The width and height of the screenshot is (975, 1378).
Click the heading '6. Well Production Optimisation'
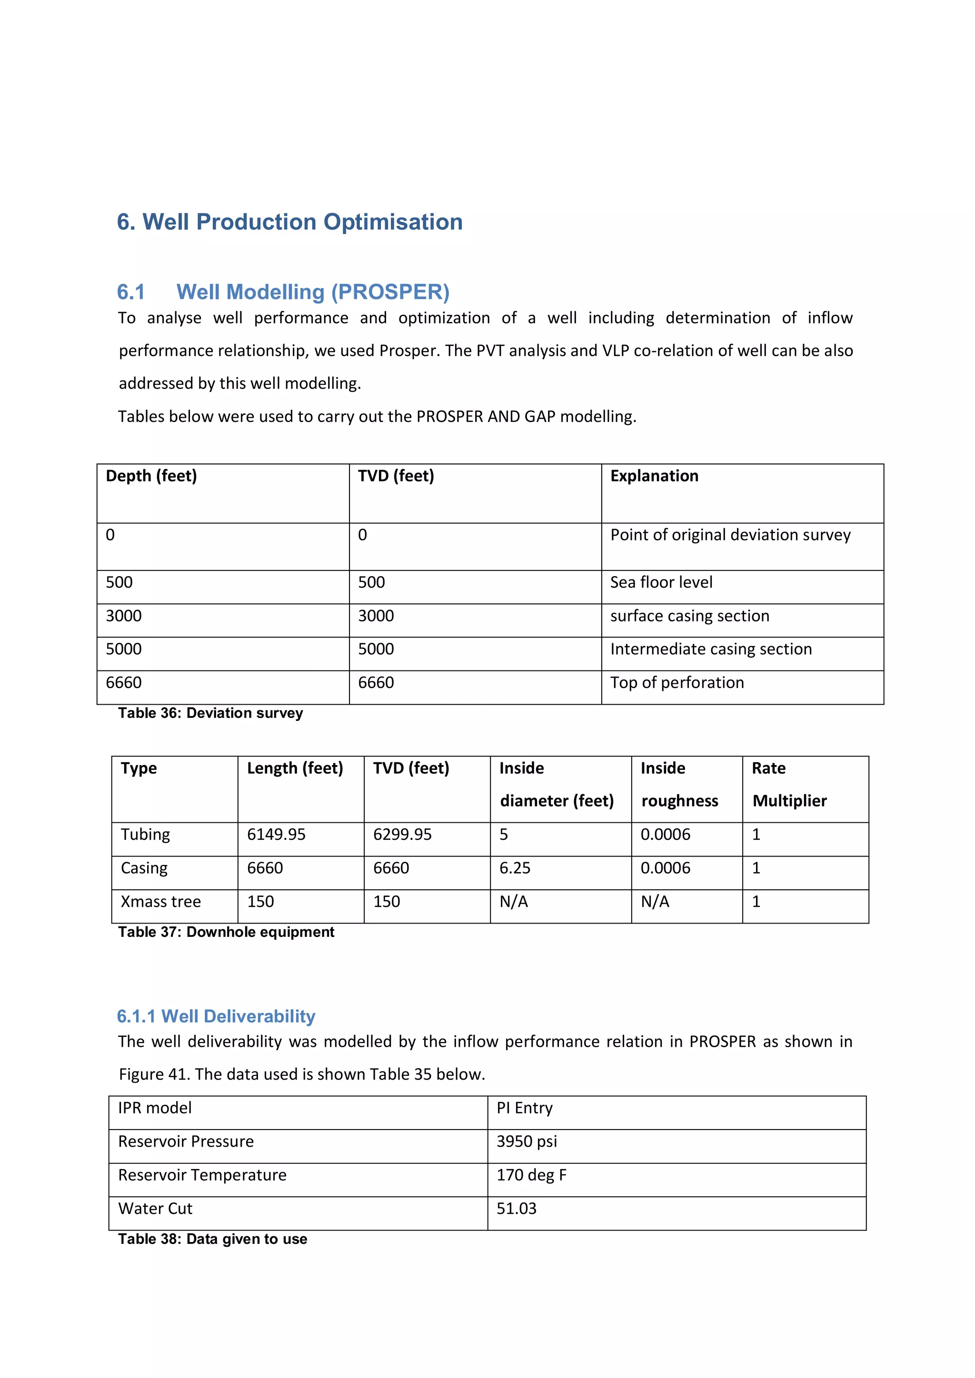[x=289, y=222]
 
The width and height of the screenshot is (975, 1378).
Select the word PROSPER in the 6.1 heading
[x=390, y=292]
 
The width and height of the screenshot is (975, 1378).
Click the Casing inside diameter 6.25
[x=515, y=868]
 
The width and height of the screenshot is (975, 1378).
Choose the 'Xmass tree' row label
[x=160, y=902]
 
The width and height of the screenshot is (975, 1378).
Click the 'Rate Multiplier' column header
[x=789, y=785]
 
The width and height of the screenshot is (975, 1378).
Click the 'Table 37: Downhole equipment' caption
[x=226, y=932]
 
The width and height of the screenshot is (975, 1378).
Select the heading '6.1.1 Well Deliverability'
[x=216, y=1016]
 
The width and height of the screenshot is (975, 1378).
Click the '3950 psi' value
[x=527, y=1142]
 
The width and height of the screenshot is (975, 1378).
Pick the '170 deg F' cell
[x=531, y=1175]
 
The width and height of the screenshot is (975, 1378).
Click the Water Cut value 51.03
[x=517, y=1209]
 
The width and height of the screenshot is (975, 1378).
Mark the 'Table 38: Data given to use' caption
[x=212, y=1240]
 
